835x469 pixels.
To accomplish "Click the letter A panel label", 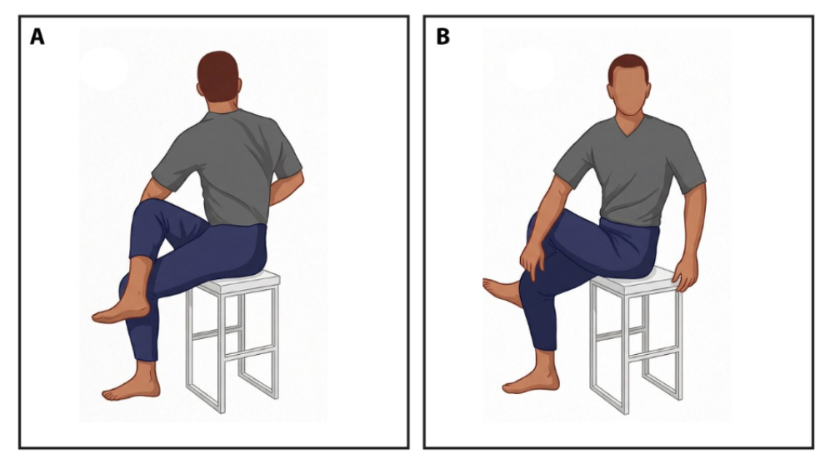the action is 37,37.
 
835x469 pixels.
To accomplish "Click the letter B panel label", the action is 442,37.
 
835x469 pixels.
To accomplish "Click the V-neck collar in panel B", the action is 630,127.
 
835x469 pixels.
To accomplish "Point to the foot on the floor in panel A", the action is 131,386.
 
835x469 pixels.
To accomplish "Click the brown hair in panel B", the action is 629,66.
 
